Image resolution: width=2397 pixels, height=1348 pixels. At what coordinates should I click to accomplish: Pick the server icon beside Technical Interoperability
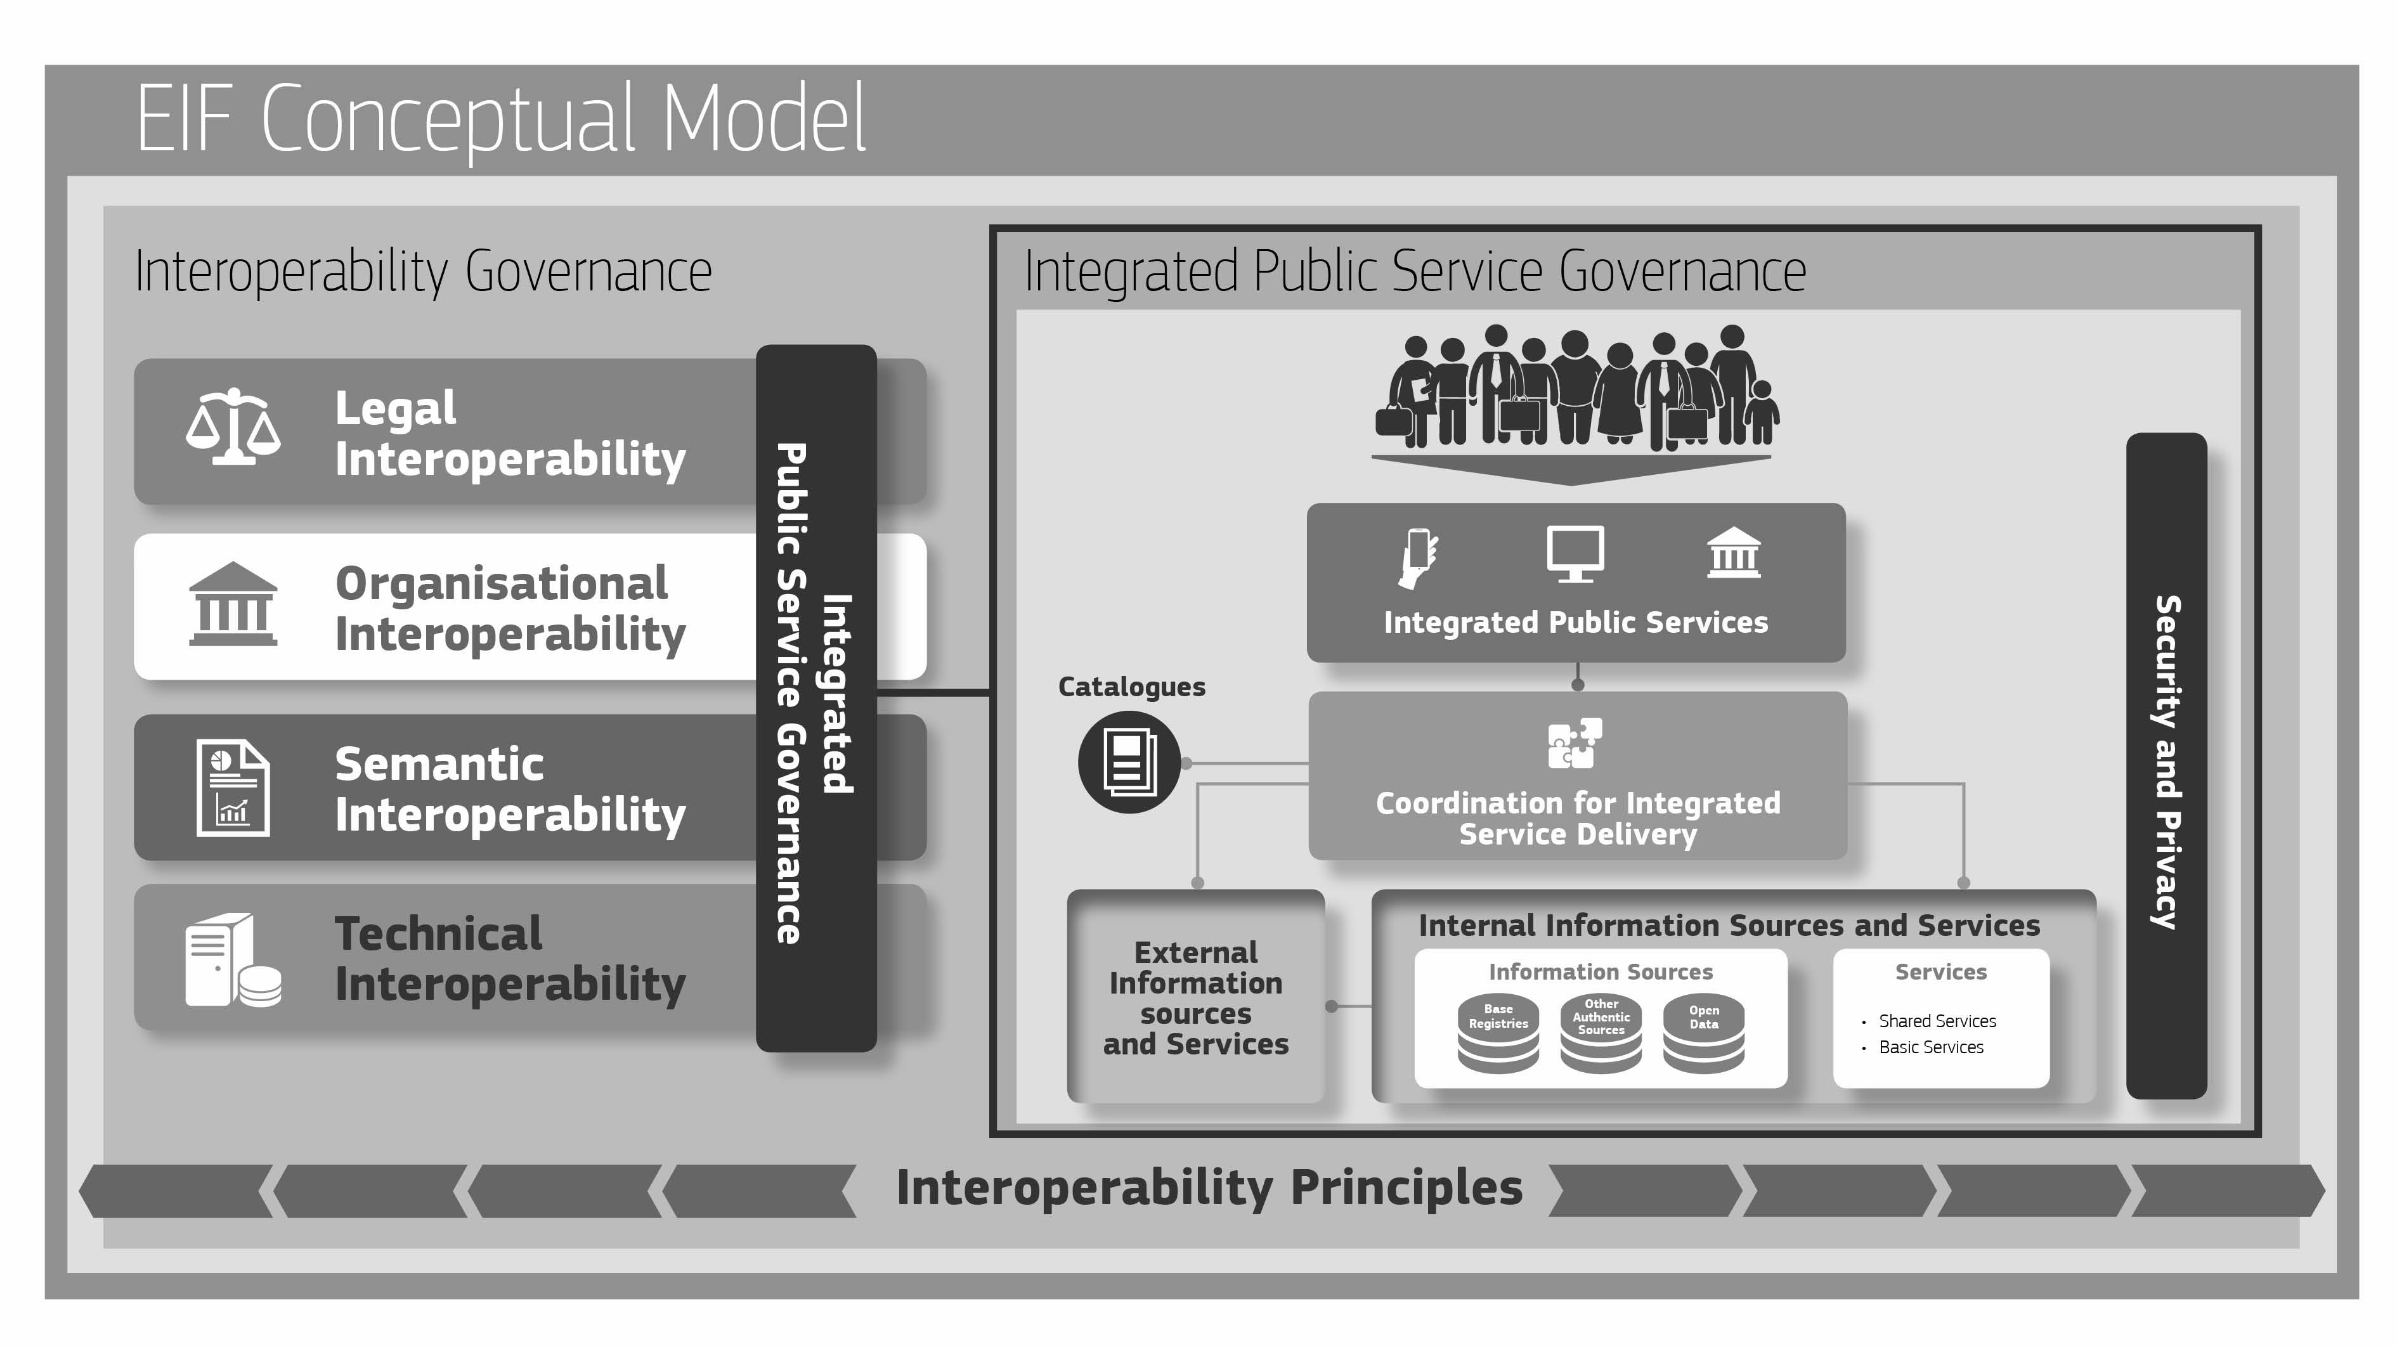click(x=233, y=959)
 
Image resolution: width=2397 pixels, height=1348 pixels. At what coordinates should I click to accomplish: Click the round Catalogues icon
click(x=1129, y=762)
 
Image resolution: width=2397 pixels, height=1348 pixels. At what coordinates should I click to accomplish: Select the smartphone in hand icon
click(x=1417, y=556)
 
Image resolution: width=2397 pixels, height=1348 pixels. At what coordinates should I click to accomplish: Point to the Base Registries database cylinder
click(x=1498, y=1035)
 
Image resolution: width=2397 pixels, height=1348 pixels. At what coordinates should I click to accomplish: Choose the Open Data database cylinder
click(x=1704, y=1035)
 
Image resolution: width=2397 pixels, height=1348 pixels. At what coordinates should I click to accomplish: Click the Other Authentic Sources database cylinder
click(x=1601, y=1035)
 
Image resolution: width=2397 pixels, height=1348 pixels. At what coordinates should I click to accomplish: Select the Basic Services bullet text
click(x=1931, y=1047)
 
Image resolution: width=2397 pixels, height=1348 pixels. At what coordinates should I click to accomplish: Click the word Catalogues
click(x=1131, y=687)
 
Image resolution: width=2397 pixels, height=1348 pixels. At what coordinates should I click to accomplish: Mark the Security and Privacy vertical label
click(x=2166, y=763)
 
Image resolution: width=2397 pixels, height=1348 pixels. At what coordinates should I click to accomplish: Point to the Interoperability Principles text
click(x=1209, y=1188)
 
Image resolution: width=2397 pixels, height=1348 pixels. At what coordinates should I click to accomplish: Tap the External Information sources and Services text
click(x=1196, y=998)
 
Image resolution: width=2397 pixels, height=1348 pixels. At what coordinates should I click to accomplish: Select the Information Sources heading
click(x=1601, y=972)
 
